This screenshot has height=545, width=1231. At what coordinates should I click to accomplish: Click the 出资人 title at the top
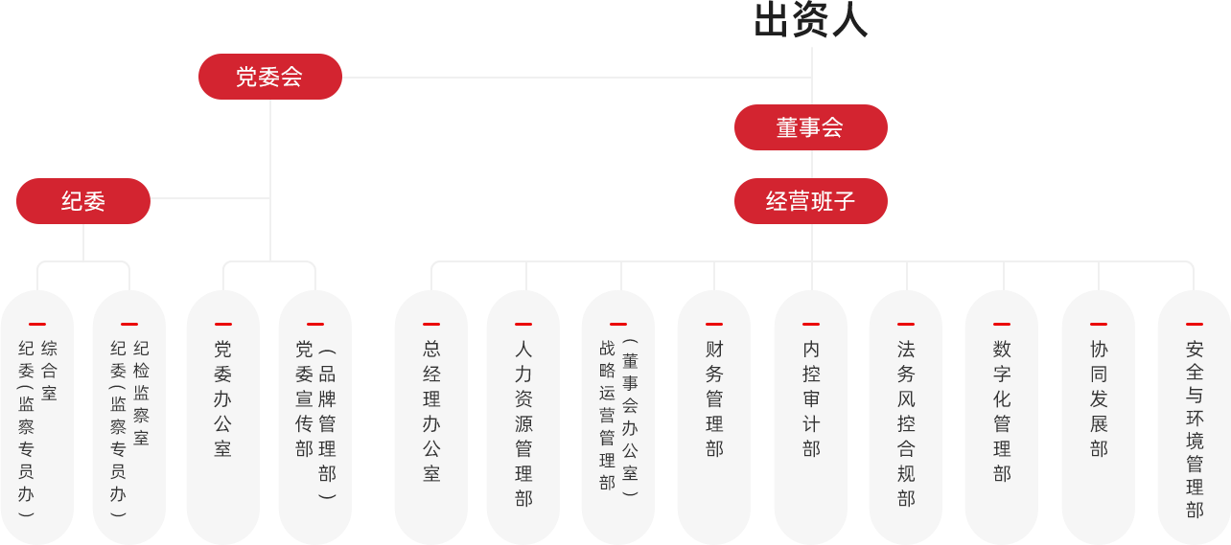pyautogui.click(x=810, y=21)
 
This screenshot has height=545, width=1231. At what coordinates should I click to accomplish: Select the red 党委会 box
pyautogui.click(x=270, y=77)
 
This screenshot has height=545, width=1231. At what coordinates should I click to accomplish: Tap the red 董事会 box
pyautogui.click(x=810, y=127)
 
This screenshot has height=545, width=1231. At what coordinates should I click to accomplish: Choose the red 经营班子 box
pyautogui.click(x=810, y=201)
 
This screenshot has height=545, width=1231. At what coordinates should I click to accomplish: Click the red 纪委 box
pyautogui.click(x=83, y=201)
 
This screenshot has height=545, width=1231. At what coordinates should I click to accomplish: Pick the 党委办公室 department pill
pyautogui.click(x=222, y=412)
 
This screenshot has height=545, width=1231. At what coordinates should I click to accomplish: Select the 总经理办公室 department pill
pyautogui.click(x=431, y=412)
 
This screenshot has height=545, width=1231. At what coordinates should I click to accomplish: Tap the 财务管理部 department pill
pyautogui.click(x=714, y=412)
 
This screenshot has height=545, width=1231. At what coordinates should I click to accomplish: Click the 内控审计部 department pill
pyautogui.click(x=811, y=412)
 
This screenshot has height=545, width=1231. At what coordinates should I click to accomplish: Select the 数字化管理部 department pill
pyautogui.click(x=1002, y=412)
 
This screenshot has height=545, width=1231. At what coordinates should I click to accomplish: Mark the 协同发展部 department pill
pyautogui.click(x=1099, y=412)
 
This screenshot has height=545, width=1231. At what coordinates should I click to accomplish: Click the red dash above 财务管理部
pyautogui.click(x=714, y=325)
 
